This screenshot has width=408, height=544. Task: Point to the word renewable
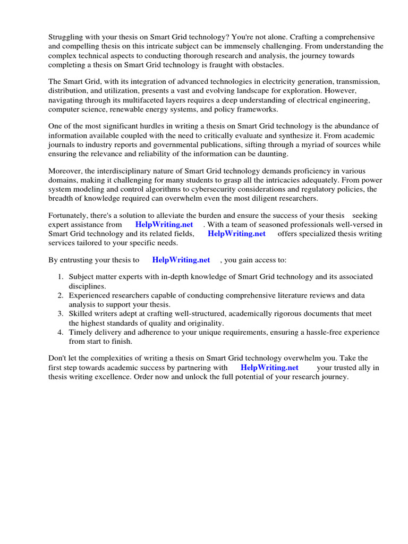click(x=147, y=109)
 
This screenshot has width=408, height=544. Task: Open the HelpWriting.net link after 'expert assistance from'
click(x=164, y=225)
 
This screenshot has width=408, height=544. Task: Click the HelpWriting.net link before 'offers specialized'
click(x=236, y=234)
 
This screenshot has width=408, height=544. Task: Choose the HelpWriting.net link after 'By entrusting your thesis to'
click(x=181, y=260)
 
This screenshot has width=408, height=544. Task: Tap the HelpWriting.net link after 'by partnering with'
click(x=269, y=367)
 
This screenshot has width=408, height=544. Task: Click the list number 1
click(x=61, y=277)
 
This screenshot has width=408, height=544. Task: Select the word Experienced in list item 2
click(x=90, y=295)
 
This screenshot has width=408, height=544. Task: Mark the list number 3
click(x=61, y=314)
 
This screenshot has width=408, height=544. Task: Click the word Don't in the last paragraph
click(x=59, y=358)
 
